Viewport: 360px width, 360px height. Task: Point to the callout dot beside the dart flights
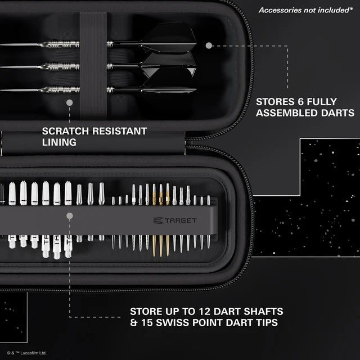point(209,45)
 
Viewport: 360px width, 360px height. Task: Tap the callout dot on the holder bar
point(69,215)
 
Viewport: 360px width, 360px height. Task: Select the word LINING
point(59,143)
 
